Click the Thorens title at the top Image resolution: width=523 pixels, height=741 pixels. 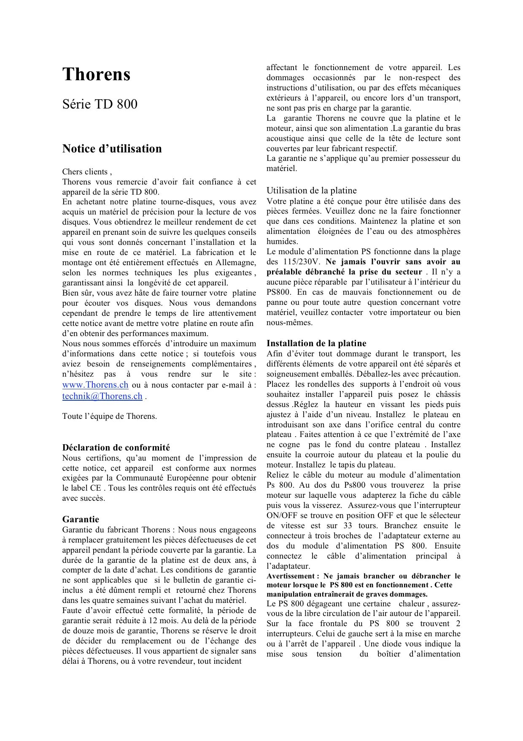[96, 75]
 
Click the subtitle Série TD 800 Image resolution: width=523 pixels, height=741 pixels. [100, 104]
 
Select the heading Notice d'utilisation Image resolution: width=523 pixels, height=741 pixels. [112, 149]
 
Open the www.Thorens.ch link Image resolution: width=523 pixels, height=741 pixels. [95, 385]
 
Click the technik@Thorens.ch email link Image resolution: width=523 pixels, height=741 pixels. [102, 396]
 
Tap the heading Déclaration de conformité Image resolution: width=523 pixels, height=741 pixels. [116, 448]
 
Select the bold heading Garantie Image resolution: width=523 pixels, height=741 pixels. [81, 520]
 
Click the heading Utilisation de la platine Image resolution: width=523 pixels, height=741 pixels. [311, 191]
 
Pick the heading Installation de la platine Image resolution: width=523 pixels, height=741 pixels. [316, 344]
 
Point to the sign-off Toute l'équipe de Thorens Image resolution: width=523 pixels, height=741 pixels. [110, 416]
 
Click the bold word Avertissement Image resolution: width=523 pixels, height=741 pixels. [290, 576]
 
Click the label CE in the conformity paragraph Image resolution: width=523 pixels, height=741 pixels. [96, 488]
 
